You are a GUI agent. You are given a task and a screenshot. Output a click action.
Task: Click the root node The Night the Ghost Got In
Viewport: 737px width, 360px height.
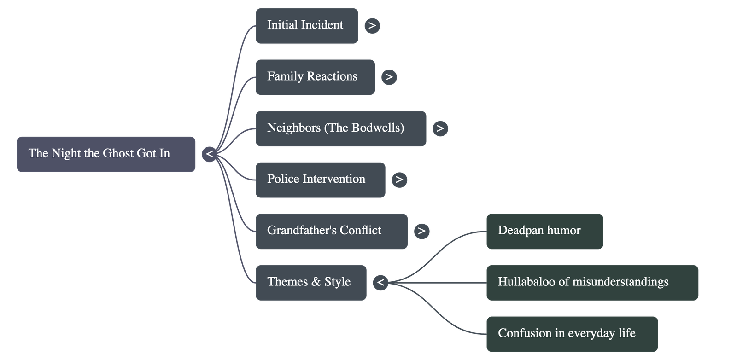pos(105,154)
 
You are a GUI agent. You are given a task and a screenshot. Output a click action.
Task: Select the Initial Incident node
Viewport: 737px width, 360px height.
pos(307,26)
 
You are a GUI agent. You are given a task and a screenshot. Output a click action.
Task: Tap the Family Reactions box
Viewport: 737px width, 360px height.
pos(315,77)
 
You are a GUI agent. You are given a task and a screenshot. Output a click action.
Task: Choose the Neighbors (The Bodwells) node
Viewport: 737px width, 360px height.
pos(340,129)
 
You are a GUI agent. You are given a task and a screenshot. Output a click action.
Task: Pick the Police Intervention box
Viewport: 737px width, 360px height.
pos(320,180)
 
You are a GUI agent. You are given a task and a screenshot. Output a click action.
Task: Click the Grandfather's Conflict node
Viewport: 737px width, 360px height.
pos(331,231)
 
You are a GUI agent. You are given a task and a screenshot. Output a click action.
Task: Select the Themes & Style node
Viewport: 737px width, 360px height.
pos(311,283)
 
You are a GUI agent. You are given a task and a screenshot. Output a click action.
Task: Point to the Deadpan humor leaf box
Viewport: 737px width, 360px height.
pos(544,231)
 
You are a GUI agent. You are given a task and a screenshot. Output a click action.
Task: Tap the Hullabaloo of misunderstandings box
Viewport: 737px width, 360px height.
pos(592,283)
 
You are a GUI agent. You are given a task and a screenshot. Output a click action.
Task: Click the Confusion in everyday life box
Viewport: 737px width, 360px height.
pos(572,334)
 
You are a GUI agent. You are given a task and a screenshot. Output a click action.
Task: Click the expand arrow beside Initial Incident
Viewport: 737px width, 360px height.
pos(372,26)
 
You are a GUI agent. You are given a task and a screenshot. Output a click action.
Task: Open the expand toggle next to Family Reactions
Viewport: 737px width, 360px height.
pos(389,77)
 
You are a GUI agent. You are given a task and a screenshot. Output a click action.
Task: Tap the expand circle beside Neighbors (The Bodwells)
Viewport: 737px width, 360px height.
pos(440,128)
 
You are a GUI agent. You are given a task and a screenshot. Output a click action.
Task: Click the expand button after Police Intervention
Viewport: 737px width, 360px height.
pos(399,180)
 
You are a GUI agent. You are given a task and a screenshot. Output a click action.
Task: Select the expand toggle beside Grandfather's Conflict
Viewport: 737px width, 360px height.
pos(421,231)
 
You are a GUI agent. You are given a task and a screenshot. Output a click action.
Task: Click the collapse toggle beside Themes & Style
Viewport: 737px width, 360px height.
pos(380,282)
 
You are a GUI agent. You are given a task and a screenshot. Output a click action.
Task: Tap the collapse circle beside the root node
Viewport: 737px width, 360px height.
pos(210,154)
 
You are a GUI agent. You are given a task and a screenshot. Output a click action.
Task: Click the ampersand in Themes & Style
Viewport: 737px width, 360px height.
pos(316,282)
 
